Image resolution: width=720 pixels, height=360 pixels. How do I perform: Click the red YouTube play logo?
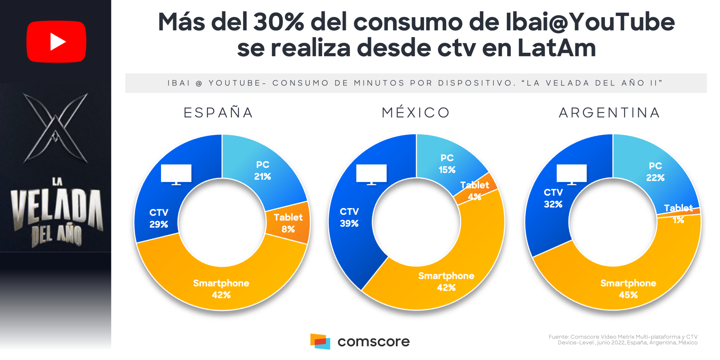pyautogui.click(x=56, y=42)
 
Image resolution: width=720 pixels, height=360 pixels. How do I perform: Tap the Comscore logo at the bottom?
pyautogui.click(x=360, y=341)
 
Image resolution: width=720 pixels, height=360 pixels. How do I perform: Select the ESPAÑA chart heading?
pyautogui.click(x=219, y=113)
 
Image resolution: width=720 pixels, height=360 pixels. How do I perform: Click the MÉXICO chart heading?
pyautogui.click(x=416, y=113)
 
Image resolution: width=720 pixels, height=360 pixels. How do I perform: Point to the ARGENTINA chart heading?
pyautogui.click(x=610, y=113)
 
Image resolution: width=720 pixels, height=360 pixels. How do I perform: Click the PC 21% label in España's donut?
pyautogui.click(x=262, y=171)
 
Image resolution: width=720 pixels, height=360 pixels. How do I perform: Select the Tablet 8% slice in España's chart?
pyautogui.click(x=288, y=223)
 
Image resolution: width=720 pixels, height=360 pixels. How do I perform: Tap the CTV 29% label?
pyautogui.click(x=159, y=218)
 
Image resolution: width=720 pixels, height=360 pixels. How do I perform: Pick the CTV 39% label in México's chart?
pyautogui.click(x=349, y=217)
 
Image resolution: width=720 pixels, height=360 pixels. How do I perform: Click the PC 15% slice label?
pyautogui.click(x=447, y=164)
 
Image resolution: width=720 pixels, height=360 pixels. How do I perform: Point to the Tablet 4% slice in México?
pyautogui.click(x=475, y=191)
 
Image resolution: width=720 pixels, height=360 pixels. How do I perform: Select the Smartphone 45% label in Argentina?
pyautogui.click(x=628, y=289)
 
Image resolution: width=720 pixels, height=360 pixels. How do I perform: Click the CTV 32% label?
pyautogui.click(x=553, y=198)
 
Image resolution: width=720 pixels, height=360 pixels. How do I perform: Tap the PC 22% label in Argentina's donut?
pyautogui.click(x=655, y=172)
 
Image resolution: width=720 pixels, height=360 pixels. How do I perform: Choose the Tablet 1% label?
pyautogui.click(x=678, y=214)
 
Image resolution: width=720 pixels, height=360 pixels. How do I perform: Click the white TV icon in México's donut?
pyautogui.click(x=371, y=174)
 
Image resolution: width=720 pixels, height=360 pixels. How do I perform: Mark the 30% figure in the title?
pyautogui.click(x=279, y=22)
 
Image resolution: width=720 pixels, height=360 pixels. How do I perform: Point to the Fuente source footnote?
pyautogui.click(x=623, y=340)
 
